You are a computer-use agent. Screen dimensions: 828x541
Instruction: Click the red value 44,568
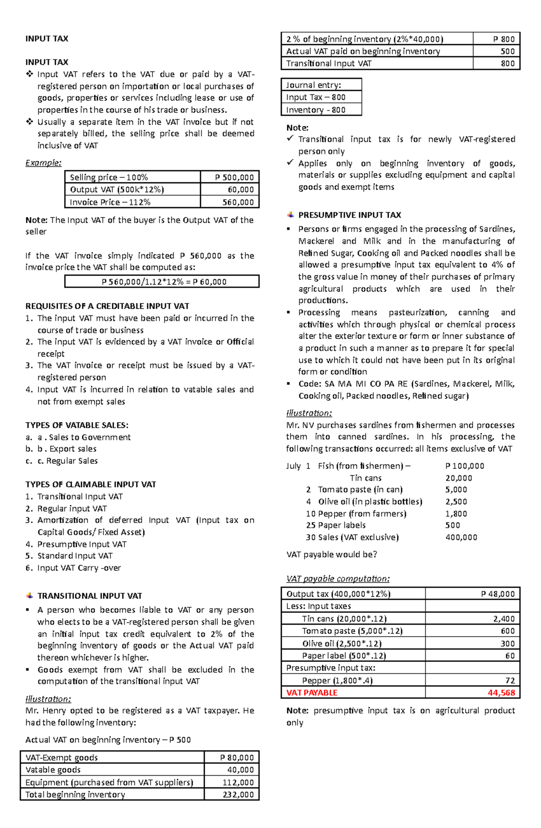(501, 693)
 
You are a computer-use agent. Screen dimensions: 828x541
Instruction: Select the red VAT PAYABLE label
(312, 693)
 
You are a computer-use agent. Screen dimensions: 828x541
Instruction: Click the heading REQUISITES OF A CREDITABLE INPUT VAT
(107, 306)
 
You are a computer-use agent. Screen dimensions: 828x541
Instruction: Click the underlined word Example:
(43, 163)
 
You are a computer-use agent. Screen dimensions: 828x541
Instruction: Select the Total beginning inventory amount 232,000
(238, 795)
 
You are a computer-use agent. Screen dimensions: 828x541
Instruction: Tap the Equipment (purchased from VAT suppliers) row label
(109, 782)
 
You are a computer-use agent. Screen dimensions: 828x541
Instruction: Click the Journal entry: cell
(314, 85)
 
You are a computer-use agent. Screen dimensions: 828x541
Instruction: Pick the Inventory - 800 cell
(316, 110)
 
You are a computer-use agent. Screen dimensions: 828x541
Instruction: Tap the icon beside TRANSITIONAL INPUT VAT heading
(30, 596)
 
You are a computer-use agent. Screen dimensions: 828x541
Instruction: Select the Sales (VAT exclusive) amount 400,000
(461, 537)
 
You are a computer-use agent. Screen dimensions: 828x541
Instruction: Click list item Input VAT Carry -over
(79, 568)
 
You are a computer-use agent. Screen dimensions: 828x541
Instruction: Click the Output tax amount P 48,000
(498, 594)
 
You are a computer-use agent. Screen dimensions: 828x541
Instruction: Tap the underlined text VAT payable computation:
(338, 579)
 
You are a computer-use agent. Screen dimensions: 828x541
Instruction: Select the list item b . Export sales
(67, 449)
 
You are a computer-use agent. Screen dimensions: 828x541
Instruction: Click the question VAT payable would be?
(331, 555)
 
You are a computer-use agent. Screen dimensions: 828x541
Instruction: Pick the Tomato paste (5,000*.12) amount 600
(508, 631)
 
